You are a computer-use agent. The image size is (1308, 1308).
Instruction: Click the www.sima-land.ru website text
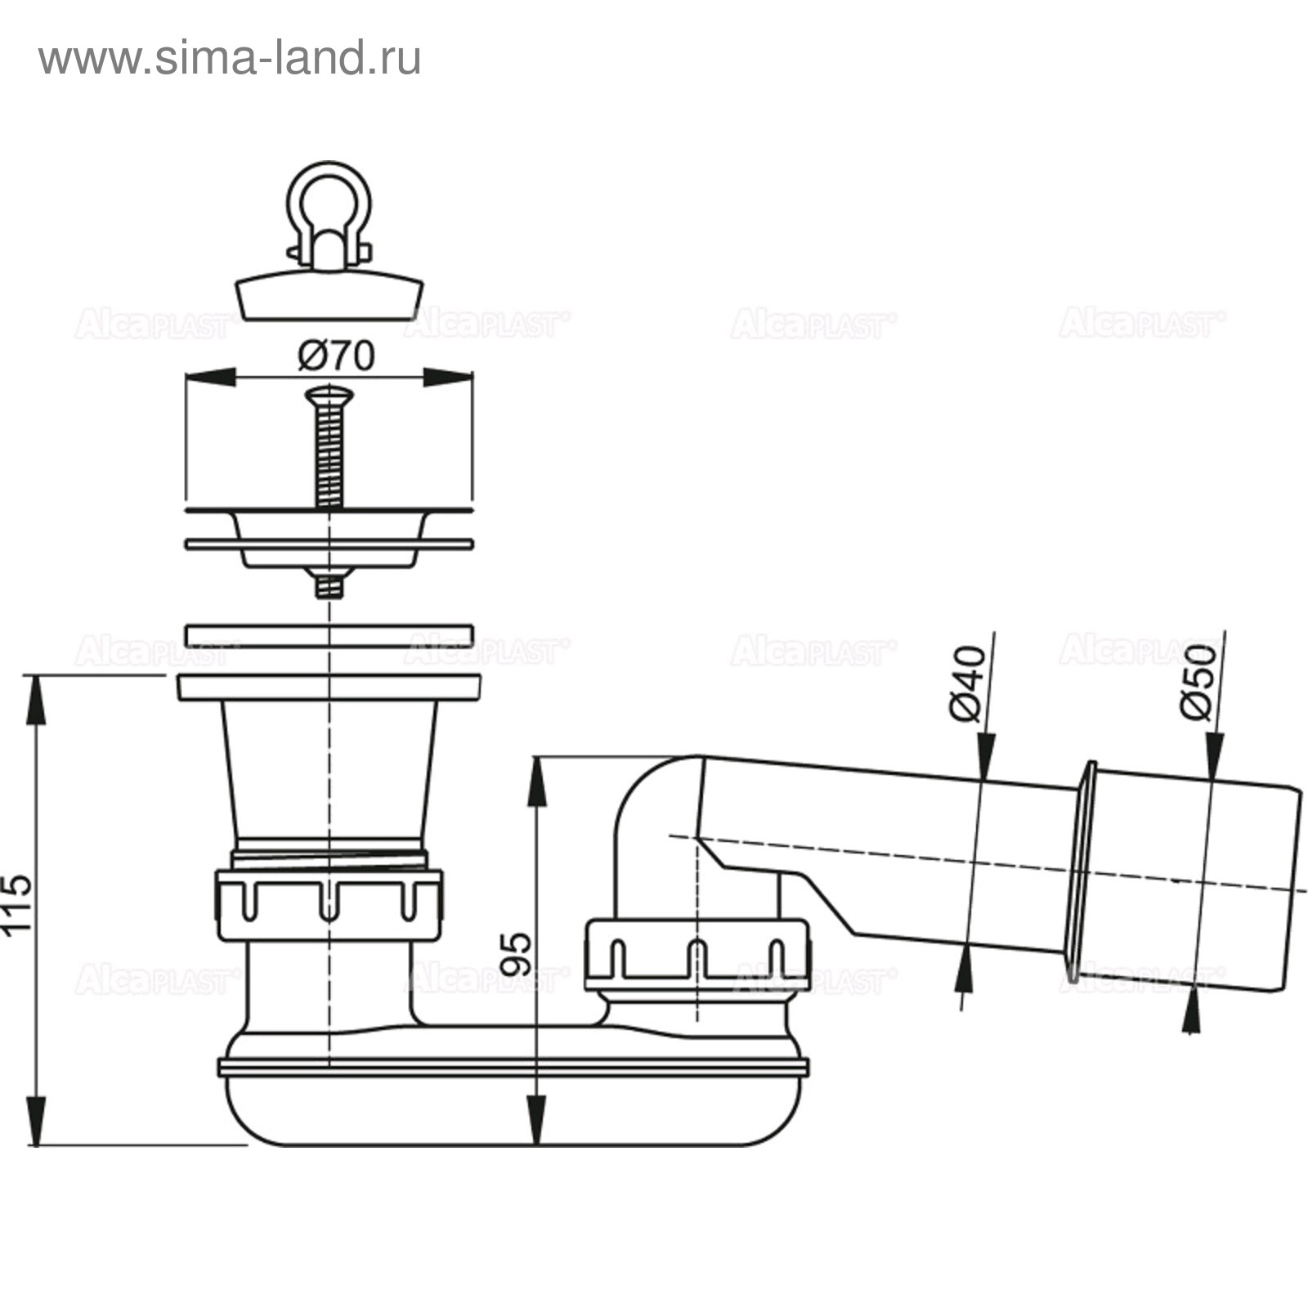tap(230, 59)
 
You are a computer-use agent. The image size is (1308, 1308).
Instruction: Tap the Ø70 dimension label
tap(336, 356)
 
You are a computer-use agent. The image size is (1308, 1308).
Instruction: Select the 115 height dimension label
tap(17, 903)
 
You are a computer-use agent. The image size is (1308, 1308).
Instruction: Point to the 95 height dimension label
tap(516, 953)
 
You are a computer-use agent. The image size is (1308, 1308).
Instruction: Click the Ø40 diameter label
tap(969, 683)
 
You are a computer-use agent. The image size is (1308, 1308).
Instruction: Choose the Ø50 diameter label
tap(1199, 682)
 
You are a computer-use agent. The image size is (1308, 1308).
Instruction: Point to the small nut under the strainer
tap(329, 583)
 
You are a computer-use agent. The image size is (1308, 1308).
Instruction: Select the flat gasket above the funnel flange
tap(329, 636)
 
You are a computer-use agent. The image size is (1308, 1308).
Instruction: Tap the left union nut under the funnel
tap(329, 905)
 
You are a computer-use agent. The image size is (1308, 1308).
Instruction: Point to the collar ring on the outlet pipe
tap(1082, 871)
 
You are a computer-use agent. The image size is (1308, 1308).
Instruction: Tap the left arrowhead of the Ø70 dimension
tap(211, 377)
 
